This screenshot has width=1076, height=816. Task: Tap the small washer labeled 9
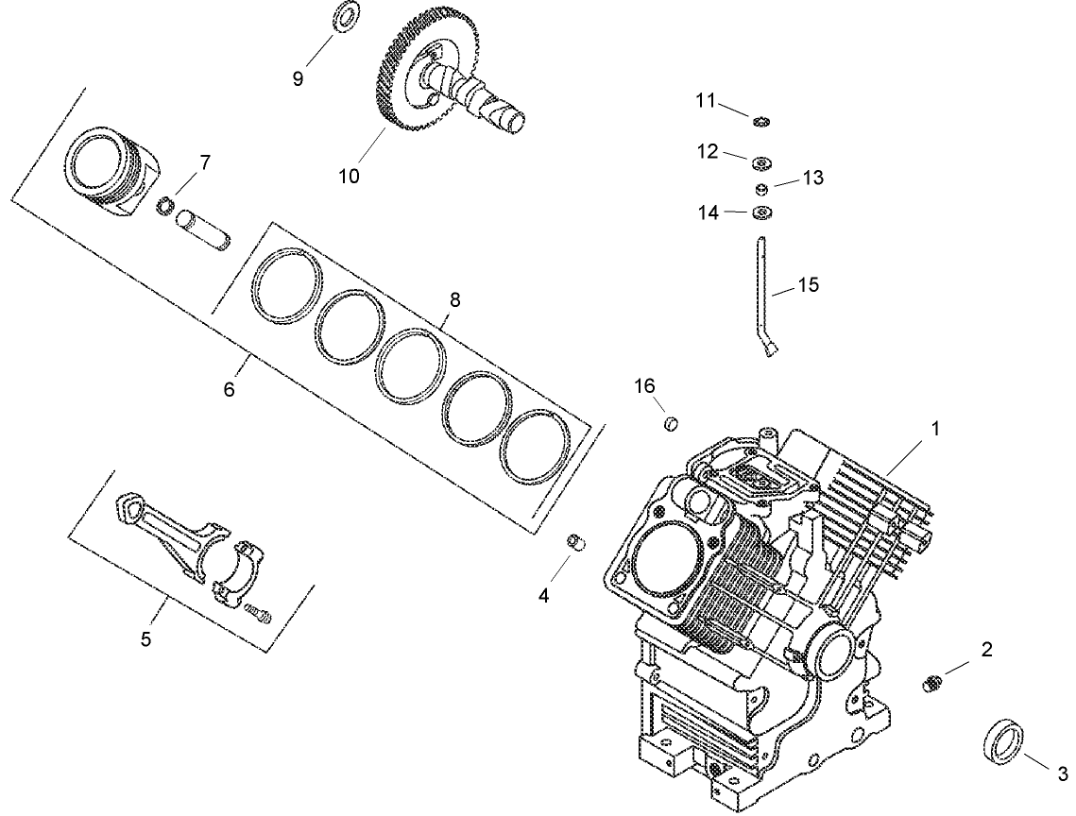346,14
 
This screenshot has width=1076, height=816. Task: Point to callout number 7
205,162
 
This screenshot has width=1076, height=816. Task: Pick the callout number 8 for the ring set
455,300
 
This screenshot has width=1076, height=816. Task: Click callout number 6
230,388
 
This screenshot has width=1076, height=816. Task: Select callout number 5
146,639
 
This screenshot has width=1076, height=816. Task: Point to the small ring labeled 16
671,422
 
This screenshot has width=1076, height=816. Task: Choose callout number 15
808,283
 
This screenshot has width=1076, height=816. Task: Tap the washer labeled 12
761,163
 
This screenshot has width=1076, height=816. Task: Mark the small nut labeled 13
762,188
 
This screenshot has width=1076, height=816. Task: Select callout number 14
709,213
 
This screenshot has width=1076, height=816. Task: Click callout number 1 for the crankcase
935,428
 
